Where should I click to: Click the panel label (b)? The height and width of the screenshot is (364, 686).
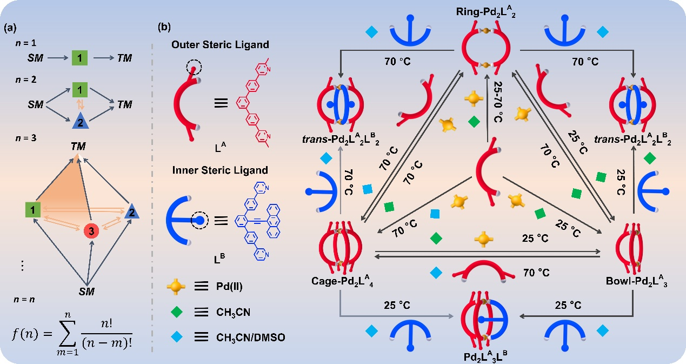[165, 26]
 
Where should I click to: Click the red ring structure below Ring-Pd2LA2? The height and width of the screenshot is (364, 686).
[485, 49]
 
